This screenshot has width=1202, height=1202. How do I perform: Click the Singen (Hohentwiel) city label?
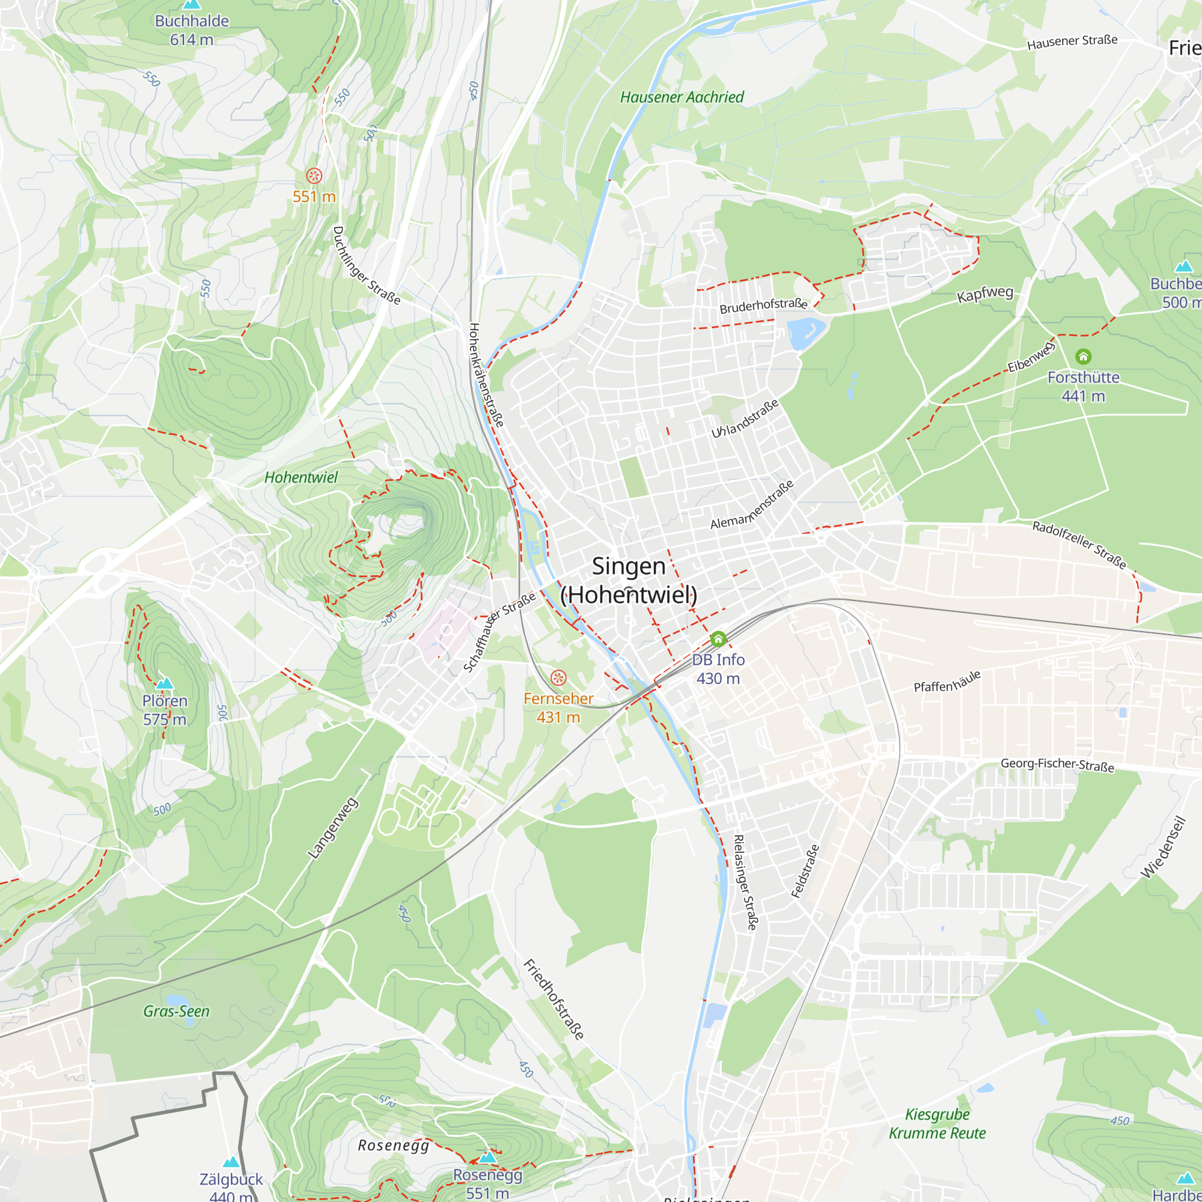pyautogui.click(x=629, y=581)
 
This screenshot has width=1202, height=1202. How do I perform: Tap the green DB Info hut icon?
pyautogui.click(x=718, y=639)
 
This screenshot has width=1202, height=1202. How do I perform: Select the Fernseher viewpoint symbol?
pyautogui.click(x=558, y=677)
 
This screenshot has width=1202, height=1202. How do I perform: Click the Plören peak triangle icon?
pyautogui.click(x=165, y=684)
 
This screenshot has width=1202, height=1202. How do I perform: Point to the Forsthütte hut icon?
pyautogui.click(x=1083, y=356)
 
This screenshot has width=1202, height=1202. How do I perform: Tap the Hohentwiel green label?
pyautogui.click(x=301, y=477)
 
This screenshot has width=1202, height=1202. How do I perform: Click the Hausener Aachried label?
pyautogui.click(x=682, y=97)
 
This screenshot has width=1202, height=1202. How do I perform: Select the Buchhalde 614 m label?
pyautogui.click(x=192, y=30)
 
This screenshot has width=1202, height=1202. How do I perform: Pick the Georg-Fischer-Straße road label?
pyautogui.click(x=1057, y=764)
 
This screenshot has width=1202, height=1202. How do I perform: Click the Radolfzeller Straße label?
pyautogui.click(x=1079, y=545)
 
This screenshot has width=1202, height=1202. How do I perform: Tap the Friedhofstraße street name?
pyautogui.click(x=554, y=1000)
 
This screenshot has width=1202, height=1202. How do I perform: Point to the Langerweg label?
pyautogui.click(x=334, y=828)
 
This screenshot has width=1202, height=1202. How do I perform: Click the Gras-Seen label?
pyautogui.click(x=176, y=1011)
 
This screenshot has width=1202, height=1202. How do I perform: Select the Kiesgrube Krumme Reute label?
pyautogui.click(x=937, y=1124)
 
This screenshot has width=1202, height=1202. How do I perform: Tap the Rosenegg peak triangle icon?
pyautogui.click(x=488, y=1157)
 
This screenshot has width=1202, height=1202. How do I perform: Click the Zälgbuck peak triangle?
pyautogui.click(x=231, y=1162)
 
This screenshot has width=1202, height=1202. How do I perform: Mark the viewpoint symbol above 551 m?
pyautogui.click(x=314, y=176)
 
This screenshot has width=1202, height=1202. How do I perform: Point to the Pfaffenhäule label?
pyautogui.click(x=947, y=682)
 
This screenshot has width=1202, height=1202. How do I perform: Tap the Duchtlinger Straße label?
pyautogui.click(x=366, y=266)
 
